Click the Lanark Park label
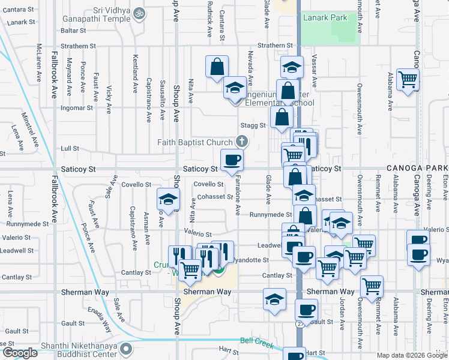(x=325, y=18)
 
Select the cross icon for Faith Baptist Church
(x=241, y=142)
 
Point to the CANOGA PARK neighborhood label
(x=411, y=169)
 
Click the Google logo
(x=20, y=353)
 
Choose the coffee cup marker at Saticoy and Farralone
(x=232, y=160)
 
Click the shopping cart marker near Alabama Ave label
(x=408, y=79)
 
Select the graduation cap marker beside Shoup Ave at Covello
(x=169, y=200)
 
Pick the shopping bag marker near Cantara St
(x=217, y=67)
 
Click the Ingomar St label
(x=77, y=109)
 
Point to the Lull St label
(x=70, y=148)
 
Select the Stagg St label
(x=253, y=125)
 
